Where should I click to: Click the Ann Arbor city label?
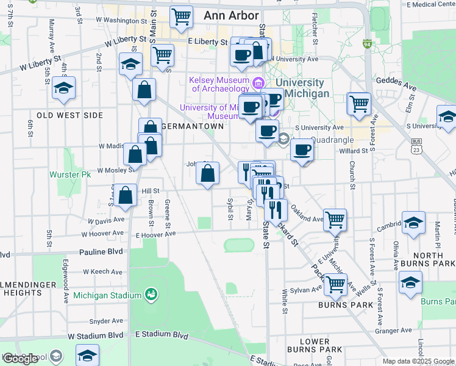coord(232,15)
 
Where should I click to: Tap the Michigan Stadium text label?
coord(107,296)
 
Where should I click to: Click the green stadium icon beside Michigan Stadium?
coord(151,296)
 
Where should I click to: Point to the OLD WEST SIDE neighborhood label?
coord(62,115)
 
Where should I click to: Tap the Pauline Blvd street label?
coord(101,251)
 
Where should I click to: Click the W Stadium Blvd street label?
coord(95,336)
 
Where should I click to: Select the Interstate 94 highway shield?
coord(367,45)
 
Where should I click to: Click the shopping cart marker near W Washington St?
coord(181,18)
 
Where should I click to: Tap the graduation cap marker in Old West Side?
coord(63,89)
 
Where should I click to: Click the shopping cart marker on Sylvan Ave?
coord(335,283)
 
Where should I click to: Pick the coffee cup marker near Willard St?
coord(302,150)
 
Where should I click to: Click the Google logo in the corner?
coord(21,359)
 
